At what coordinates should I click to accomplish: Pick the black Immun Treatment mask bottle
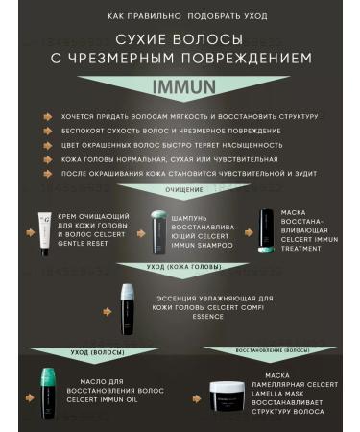(x=268, y=231)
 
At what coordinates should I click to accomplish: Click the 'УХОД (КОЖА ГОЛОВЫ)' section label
(x=180, y=268)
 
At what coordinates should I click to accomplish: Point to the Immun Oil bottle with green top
(x=48, y=391)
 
